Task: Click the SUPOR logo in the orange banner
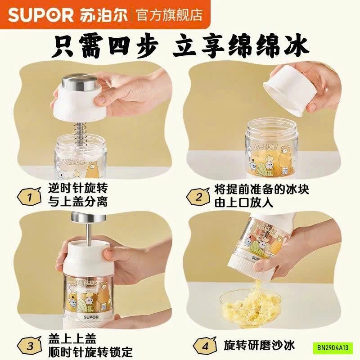pyautogui.click(x=40, y=15)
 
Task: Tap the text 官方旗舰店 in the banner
pyautogui.click(x=170, y=15)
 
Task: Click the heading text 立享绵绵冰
pyautogui.click(x=240, y=47)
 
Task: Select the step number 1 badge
pyautogui.click(x=30, y=197)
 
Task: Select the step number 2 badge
pyautogui.click(x=198, y=197)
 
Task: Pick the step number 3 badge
pyautogui.click(x=30, y=346)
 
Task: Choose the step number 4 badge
pyautogui.click(x=205, y=346)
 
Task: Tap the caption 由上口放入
pyautogui.click(x=244, y=203)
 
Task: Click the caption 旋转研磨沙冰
pyautogui.click(x=259, y=346)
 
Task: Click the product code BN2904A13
pyautogui.click(x=333, y=347)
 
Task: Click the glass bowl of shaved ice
pyautogui.click(x=250, y=308)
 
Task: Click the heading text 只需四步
pyautogui.click(x=105, y=47)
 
